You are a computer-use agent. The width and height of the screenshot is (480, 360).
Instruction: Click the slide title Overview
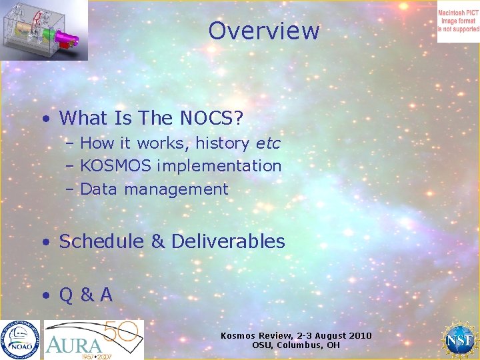(264, 31)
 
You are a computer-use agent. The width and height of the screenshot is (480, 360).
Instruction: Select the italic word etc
(268, 143)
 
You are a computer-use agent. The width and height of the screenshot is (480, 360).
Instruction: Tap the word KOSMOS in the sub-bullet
(112, 165)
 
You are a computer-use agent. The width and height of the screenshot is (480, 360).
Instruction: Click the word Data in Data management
(99, 189)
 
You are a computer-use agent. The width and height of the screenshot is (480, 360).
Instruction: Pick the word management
(176, 189)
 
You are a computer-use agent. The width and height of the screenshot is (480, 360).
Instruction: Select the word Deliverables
(228, 241)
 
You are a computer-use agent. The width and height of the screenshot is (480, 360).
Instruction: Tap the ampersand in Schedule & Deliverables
(158, 241)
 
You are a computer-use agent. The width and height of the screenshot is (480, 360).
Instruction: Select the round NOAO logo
(20, 339)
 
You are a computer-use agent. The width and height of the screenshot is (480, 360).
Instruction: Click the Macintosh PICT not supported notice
(458, 21)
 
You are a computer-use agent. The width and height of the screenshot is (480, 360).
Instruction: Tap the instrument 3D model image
(44, 30)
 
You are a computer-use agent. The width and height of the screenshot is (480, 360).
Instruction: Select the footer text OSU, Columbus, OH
(296, 345)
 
